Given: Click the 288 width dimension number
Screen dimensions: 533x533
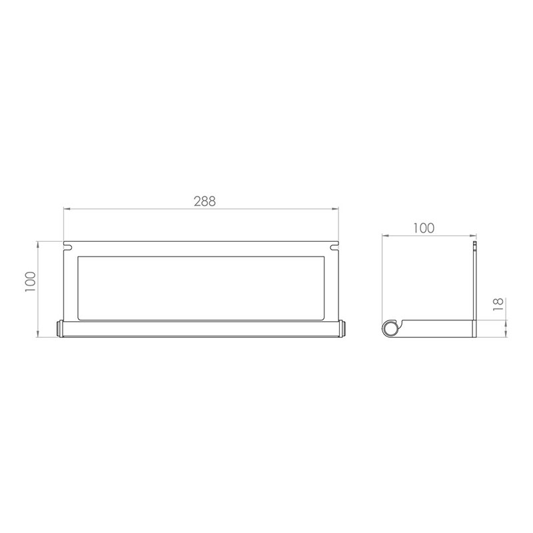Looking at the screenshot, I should [203, 200].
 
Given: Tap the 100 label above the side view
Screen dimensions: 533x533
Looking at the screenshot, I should [424, 227].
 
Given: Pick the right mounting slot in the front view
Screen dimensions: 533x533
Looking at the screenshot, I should [334, 248].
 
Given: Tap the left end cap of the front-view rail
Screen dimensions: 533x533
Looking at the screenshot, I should [58, 328].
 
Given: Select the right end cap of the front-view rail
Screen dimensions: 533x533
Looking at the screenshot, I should [344, 328].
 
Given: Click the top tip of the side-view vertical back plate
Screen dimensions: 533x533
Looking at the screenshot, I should [475, 244].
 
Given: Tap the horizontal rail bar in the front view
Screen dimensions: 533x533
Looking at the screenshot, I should [200, 328].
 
